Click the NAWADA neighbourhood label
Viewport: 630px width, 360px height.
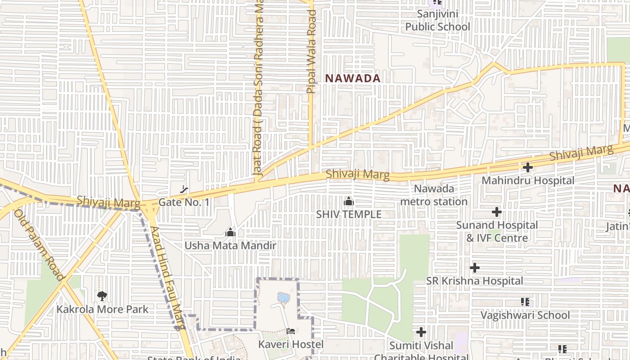pyautogui.click(x=353, y=78)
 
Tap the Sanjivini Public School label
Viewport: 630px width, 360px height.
pyautogui.click(x=437, y=20)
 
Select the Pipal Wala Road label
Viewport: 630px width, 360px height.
pyautogui.click(x=311, y=52)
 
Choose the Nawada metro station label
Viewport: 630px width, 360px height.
pyautogui.click(x=434, y=195)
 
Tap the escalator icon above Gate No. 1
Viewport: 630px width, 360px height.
pyautogui.click(x=184, y=189)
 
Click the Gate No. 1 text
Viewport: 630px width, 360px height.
pyautogui.click(x=184, y=202)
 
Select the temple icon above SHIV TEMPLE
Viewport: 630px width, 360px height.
pyautogui.click(x=348, y=202)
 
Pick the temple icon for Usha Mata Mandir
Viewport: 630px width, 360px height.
pyautogui.click(x=230, y=233)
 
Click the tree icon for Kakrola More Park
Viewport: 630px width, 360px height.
pyautogui.click(x=102, y=296)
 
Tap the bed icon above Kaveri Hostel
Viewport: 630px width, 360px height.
pyautogui.click(x=291, y=332)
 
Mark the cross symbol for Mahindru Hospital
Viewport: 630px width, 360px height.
pyautogui.click(x=527, y=167)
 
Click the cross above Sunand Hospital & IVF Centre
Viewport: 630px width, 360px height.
pyautogui.click(x=497, y=211)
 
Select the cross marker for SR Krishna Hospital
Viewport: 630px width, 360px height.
pyautogui.click(x=474, y=268)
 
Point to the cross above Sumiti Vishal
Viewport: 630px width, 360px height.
pyautogui.click(x=421, y=332)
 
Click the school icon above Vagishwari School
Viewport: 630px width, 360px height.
pyautogui.click(x=525, y=302)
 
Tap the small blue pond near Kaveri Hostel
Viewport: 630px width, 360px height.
pyautogui.click(x=283, y=297)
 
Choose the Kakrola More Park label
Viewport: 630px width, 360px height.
pyautogui.click(x=102, y=310)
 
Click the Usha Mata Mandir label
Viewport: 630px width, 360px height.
pyautogui.click(x=230, y=246)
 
